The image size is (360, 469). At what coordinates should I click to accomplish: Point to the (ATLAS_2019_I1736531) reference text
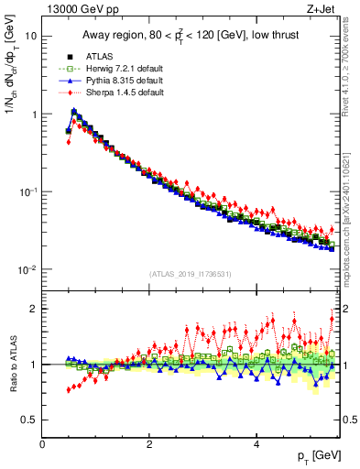[x=191, y=274]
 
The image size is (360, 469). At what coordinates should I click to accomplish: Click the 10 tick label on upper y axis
[x=29, y=37]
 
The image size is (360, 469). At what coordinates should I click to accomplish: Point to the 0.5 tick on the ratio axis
[x=28, y=420]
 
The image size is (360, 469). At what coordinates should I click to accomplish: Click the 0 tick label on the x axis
[x=42, y=444]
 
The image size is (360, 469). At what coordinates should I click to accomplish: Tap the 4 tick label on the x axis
[x=256, y=444]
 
